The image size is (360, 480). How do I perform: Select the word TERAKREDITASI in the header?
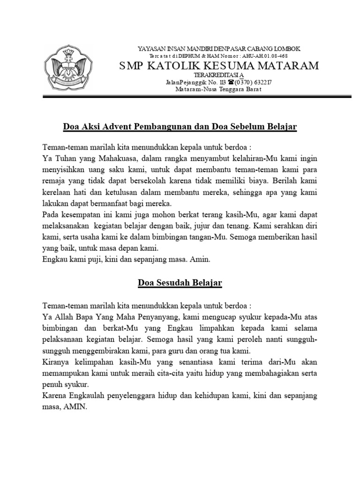click(x=217, y=75)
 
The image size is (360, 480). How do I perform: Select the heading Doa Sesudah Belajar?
click(x=180, y=283)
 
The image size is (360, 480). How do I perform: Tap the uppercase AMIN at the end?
click(x=75, y=407)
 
